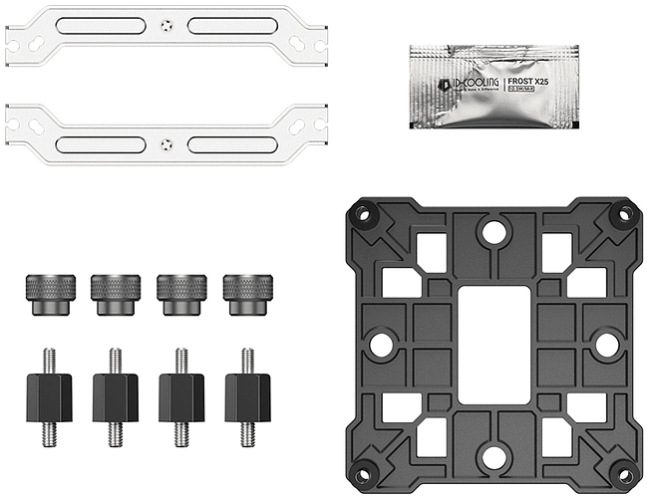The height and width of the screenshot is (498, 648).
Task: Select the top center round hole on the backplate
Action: pyautogui.click(x=493, y=232)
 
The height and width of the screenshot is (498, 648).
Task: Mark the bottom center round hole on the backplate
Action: pyautogui.click(x=493, y=456)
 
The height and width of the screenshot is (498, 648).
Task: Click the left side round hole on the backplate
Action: pyautogui.click(x=381, y=344)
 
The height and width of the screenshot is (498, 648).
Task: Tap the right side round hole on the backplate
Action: pyautogui.click(x=606, y=344)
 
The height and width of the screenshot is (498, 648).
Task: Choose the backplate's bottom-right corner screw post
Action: pyautogui.click(x=624, y=475)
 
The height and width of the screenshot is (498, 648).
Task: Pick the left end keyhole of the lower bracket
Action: pyautogui.click(x=20, y=127)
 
